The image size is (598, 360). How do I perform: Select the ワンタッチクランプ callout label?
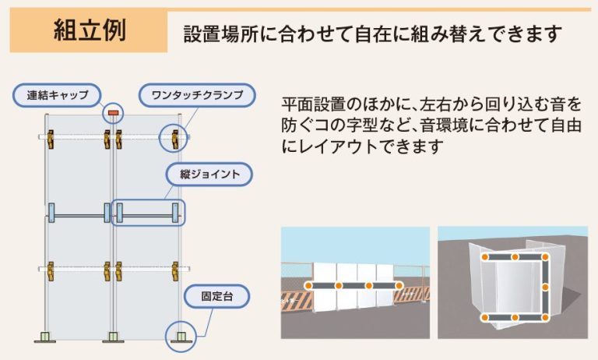point(198,96)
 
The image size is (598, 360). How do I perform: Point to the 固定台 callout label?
point(213,297)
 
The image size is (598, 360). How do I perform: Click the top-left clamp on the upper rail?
point(53,138)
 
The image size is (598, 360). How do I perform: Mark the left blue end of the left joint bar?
point(52,211)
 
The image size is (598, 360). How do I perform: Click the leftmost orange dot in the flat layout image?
point(309,286)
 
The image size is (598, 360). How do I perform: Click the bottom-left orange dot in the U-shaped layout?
point(484,318)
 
